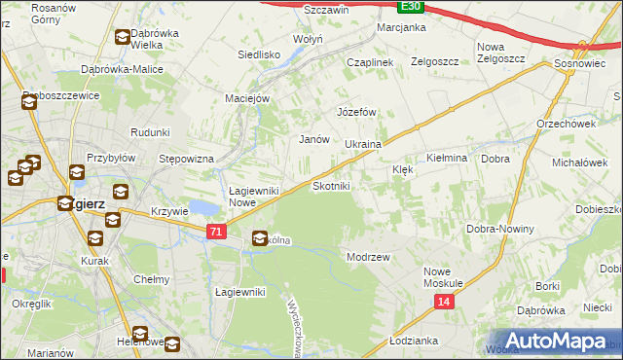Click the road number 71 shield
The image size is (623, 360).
(217, 231)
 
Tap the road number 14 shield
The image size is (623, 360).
(444, 303)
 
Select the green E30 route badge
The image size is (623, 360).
(411, 6)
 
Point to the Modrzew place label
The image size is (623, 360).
(368, 257)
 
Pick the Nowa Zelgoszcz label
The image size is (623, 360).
(501, 53)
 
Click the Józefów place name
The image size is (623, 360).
(356, 112)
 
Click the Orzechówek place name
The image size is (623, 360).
(566, 124)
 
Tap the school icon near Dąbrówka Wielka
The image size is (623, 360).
(122, 38)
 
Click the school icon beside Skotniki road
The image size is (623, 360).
(260, 237)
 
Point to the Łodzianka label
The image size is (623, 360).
(413, 342)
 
